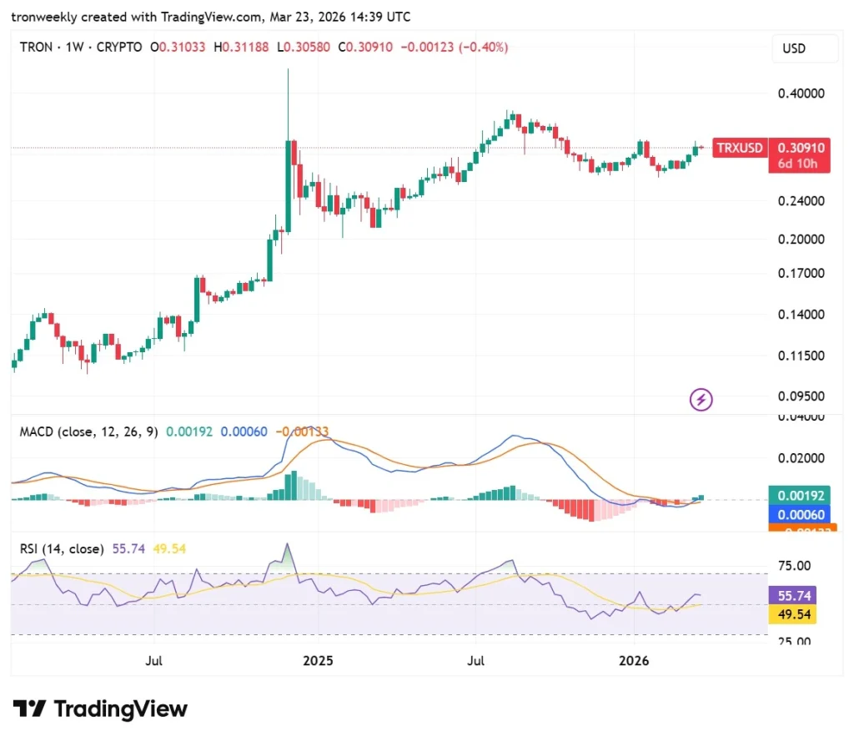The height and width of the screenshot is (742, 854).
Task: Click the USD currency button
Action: pyautogui.click(x=794, y=48)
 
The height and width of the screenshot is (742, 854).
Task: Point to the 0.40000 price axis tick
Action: pyautogui.click(x=800, y=93)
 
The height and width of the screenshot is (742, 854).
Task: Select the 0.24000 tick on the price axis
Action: pyautogui.click(x=800, y=201)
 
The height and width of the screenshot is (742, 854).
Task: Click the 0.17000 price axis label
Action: pyautogui.click(x=800, y=273)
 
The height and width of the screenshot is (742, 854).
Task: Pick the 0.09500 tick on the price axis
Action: pyautogui.click(x=800, y=396)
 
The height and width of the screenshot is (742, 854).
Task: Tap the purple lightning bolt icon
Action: pyautogui.click(x=701, y=400)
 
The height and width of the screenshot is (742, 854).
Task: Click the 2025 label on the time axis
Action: pyautogui.click(x=318, y=661)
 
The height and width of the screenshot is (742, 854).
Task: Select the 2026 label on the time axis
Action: pyautogui.click(x=634, y=661)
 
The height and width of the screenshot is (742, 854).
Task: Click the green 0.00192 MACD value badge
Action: pyautogui.click(x=800, y=496)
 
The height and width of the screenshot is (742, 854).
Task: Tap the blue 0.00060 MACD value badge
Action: pyautogui.click(x=800, y=514)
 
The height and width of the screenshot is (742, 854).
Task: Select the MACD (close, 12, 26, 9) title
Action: pyautogui.click(x=88, y=432)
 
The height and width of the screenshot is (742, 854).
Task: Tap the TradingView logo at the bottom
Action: pyautogui.click(x=100, y=709)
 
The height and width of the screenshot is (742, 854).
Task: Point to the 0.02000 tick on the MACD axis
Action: pyautogui.click(x=800, y=458)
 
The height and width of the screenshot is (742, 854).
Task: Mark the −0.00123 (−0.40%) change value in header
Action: pyautogui.click(x=455, y=48)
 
